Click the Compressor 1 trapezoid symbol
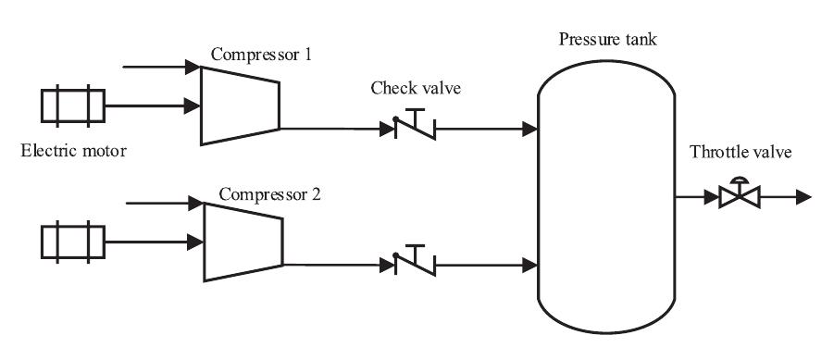[240, 103]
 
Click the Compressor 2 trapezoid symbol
[242, 240]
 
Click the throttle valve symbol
[739, 196]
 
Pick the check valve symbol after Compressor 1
[408, 128]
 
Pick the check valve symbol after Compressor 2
[408, 263]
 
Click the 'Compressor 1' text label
[261, 53]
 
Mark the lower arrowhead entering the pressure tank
[530, 265]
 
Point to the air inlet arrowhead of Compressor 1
[193, 67]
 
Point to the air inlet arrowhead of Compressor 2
[195, 202]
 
